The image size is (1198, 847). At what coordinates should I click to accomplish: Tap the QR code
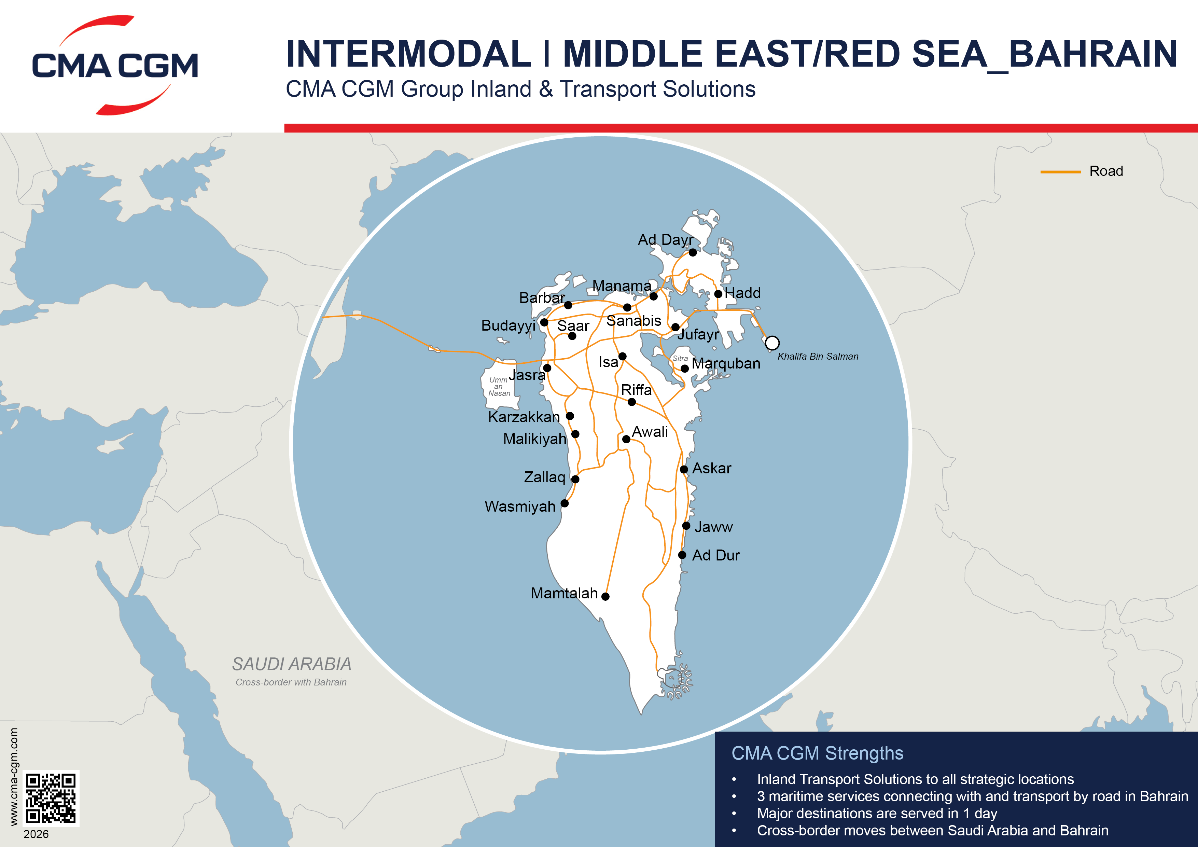(51, 798)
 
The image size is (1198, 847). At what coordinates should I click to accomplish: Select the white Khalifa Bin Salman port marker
(772, 343)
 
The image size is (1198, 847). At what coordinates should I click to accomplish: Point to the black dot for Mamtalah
(605, 597)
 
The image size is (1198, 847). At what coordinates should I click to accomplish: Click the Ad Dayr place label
(665, 239)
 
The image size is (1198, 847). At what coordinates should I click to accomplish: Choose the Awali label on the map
(650, 432)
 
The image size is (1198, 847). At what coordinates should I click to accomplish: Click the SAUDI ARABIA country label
(292, 664)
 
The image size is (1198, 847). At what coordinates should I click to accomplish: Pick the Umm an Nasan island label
(499, 387)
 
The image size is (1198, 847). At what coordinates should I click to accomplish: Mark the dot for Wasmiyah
(565, 504)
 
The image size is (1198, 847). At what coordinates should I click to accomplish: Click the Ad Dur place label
(715, 555)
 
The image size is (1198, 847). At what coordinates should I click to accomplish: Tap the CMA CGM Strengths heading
(817, 753)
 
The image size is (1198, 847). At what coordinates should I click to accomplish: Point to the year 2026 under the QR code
(36, 834)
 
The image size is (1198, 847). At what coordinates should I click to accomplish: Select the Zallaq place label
(544, 477)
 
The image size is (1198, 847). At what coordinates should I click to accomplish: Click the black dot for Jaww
(686, 526)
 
